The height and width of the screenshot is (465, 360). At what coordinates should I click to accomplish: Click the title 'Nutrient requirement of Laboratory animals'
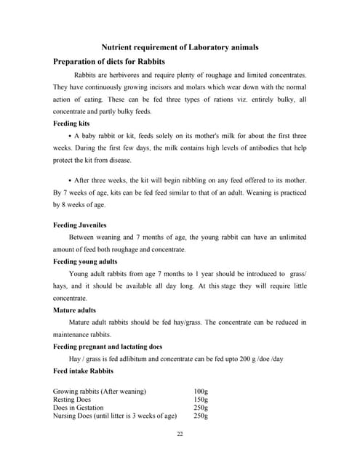pos(179,47)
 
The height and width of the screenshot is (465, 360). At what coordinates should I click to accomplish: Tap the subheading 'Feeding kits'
pos(71,124)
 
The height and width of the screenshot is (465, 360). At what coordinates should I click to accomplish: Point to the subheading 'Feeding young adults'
pos(85,261)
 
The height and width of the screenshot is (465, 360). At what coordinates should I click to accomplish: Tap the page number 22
pos(180,434)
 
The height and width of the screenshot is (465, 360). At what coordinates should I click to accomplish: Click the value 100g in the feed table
pos(201,391)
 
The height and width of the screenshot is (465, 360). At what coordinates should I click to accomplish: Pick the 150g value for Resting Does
pos(201,400)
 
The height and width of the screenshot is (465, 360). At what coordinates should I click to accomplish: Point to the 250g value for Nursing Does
pos(201,416)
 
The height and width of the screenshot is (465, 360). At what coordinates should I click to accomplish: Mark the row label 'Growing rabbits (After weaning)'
pos(100,391)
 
